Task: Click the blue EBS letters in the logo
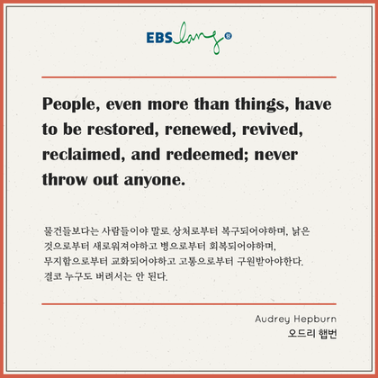pos(159,38)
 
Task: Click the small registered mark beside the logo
pos(229,37)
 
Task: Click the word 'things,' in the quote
pos(262,104)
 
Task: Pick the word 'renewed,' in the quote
pos(201,130)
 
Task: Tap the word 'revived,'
pos(273,130)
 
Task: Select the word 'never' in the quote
pos(276,156)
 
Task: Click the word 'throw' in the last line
pos(65,179)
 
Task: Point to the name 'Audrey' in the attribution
pos(273,319)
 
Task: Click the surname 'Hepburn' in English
pos(315,319)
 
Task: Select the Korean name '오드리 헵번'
pos(312,333)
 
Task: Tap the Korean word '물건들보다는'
pos(71,231)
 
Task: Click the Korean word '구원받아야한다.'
pos(270,261)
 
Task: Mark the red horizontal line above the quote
pos(189,77)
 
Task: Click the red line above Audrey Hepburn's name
pos(189,304)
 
